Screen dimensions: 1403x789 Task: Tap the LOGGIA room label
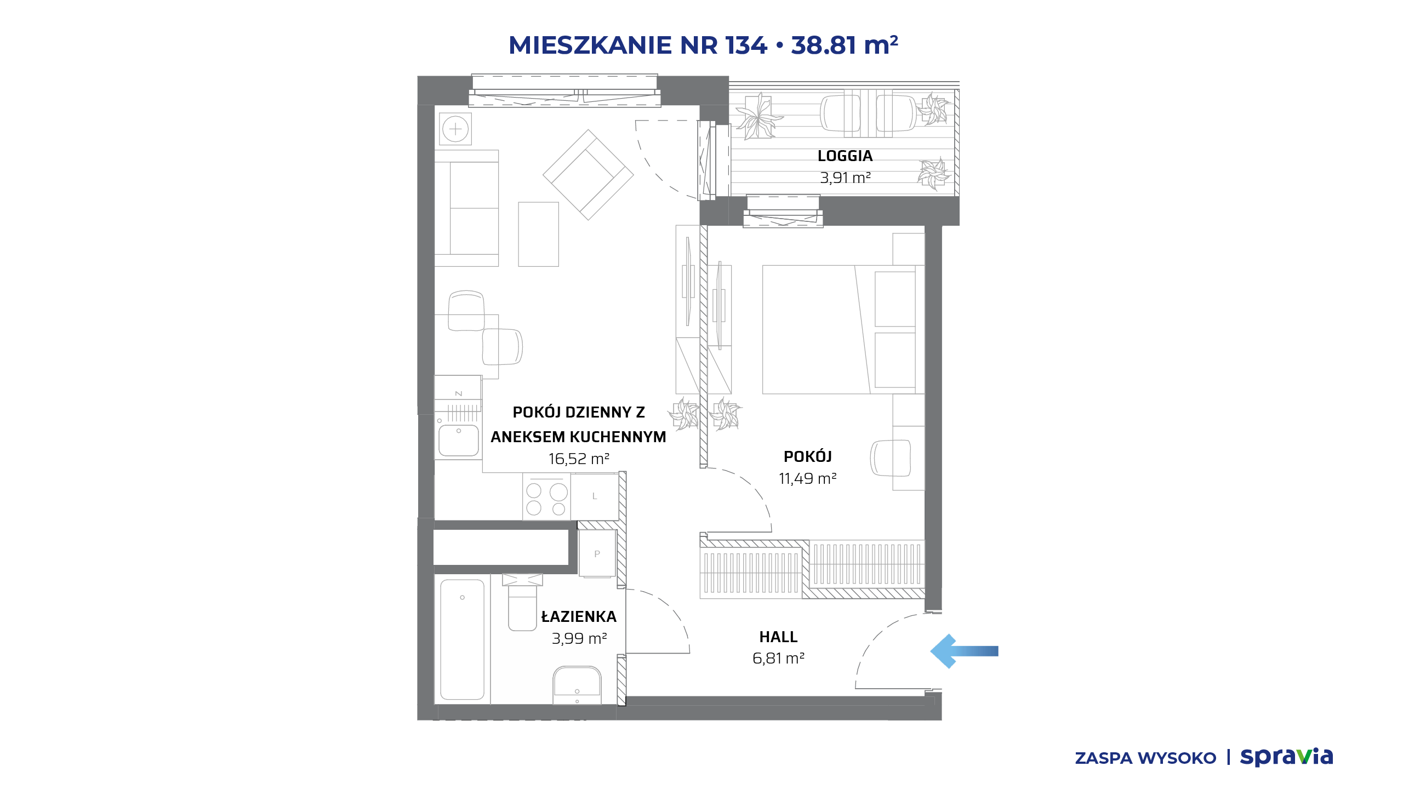(x=845, y=156)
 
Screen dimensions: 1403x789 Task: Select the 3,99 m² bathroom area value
(x=579, y=638)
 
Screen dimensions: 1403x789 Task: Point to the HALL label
(x=778, y=637)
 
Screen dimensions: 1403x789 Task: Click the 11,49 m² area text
(x=808, y=478)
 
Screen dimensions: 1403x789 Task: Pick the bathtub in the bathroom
(x=462, y=639)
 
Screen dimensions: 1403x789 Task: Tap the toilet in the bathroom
(x=522, y=602)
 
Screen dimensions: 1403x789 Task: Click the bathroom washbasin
(x=577, y=685)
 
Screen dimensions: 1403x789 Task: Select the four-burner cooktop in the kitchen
(x=546, y=496)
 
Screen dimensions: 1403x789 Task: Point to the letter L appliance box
(x=595, y=496)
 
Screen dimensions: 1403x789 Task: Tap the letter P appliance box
(x=597, y=554)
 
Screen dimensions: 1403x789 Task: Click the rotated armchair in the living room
(x=588, y=175)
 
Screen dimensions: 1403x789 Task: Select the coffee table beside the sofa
(x=539, y=234)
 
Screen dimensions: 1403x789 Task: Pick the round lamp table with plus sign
(x=455, y=129)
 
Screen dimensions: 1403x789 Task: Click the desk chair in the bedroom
(x=890, y=458)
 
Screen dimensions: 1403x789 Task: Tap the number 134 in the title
(x=746, y=45)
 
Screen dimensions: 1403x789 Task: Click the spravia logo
(x=1286, y=757)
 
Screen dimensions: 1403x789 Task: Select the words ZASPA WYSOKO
(x=1145, y=758)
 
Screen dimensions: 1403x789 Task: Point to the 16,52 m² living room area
(x=579, y=459)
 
